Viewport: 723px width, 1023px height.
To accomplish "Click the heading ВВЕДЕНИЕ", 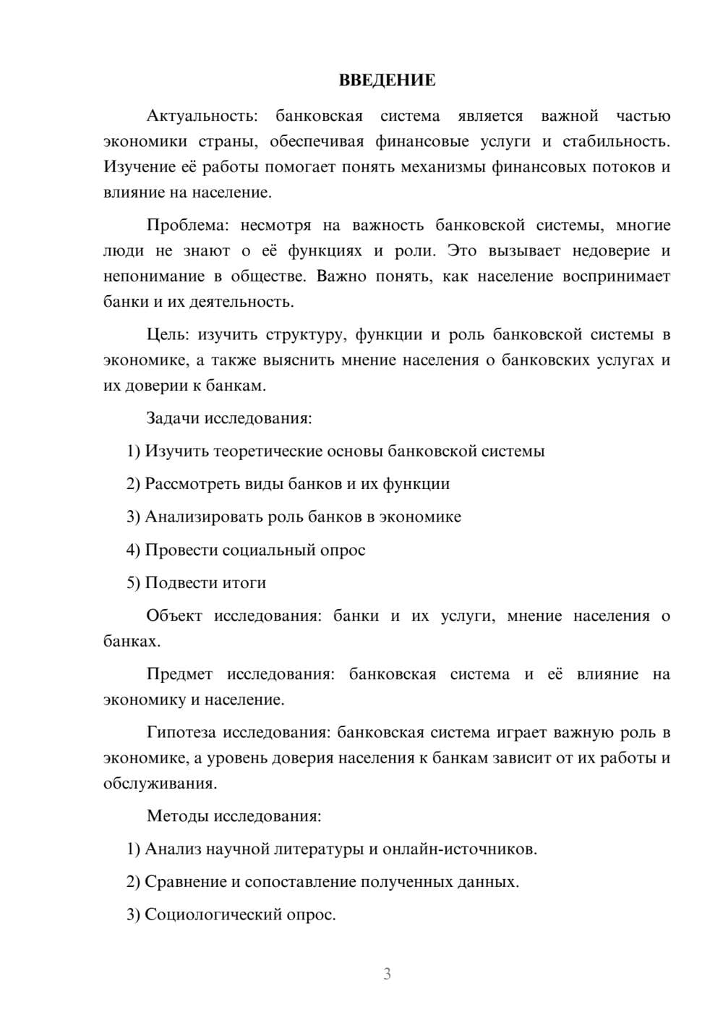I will click(x=387, y=80).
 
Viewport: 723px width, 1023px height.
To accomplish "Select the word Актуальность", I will click(x=201, y=116).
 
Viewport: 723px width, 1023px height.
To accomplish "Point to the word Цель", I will click(x=166, y=334).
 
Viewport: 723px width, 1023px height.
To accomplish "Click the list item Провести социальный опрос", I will click(x=246, y=550).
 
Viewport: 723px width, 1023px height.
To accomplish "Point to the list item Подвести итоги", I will click(x=197, y=582).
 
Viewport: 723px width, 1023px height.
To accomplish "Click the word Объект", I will click(x=174, y=616).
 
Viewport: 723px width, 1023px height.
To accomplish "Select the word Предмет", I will click(x=179, y=674).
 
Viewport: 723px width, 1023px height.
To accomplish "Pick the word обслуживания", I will click(x=159, y=784).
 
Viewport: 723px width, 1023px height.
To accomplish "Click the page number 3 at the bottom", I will click(x=387, y=974).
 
